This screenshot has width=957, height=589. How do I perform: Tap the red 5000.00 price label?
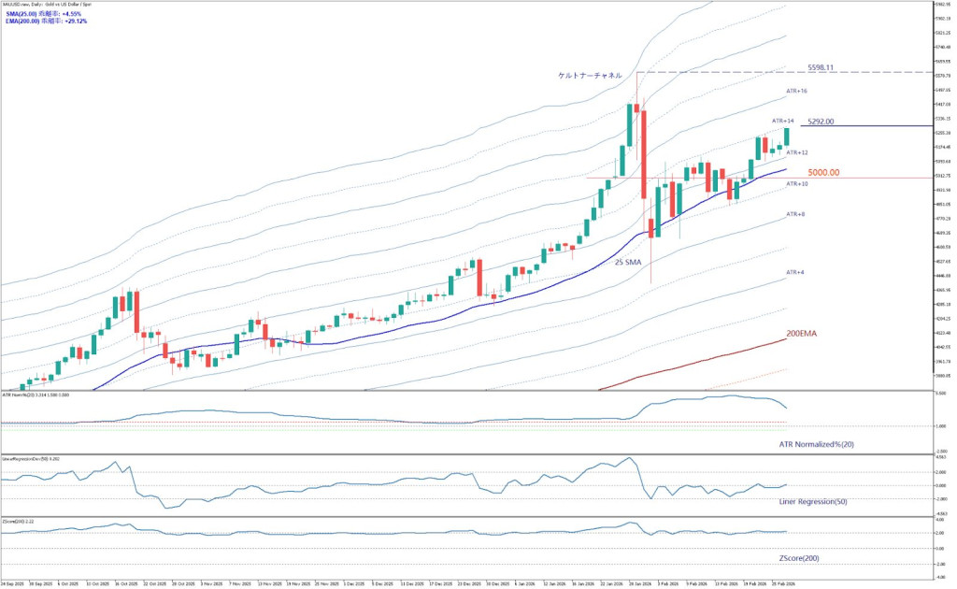pos(823,172)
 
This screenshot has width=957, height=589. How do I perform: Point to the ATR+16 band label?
pos(796,91)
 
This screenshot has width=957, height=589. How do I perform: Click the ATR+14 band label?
pos(782,122)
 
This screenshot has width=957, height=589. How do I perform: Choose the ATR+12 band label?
pos(796,151)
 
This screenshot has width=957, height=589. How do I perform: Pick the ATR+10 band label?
pos(796,184)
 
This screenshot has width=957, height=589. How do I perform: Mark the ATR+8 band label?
pos(794,214)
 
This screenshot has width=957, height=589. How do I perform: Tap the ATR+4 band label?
pos(794,272)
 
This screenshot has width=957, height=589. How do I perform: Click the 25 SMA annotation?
pos(627,263)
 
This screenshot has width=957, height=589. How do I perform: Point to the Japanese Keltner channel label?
pos(590,75)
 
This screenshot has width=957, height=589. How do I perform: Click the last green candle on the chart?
pos(787,136)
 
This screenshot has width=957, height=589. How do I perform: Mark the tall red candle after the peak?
pos(644,153)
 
